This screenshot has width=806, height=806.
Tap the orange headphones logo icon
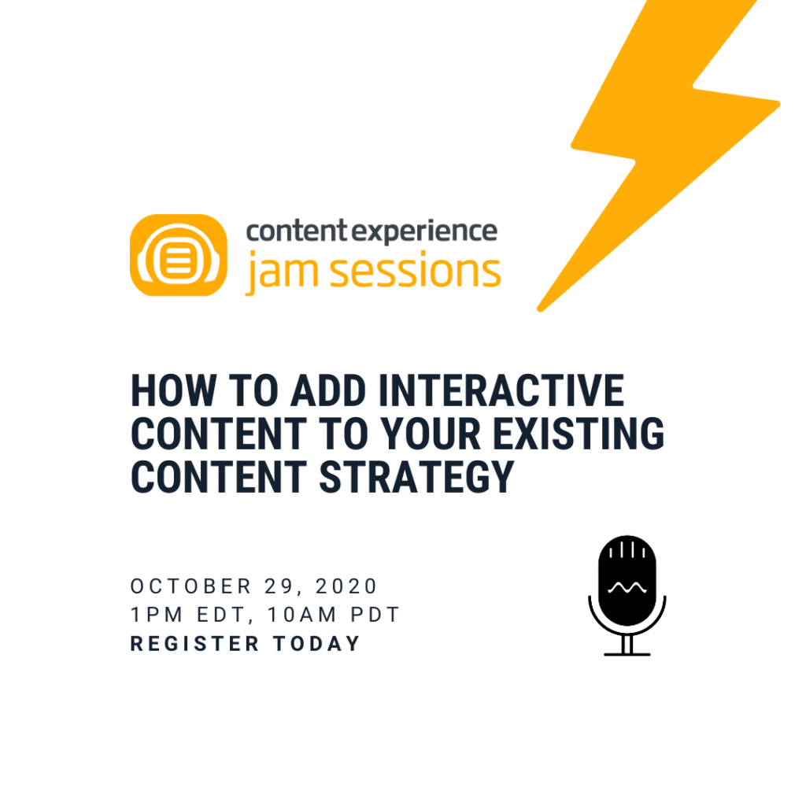pos(178,255)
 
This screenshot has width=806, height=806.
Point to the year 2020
pos(347,586)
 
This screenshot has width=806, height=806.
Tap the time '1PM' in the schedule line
pos(153,614)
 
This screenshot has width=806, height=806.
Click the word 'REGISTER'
pos(194,643)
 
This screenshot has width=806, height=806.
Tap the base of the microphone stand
pos(627,653)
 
